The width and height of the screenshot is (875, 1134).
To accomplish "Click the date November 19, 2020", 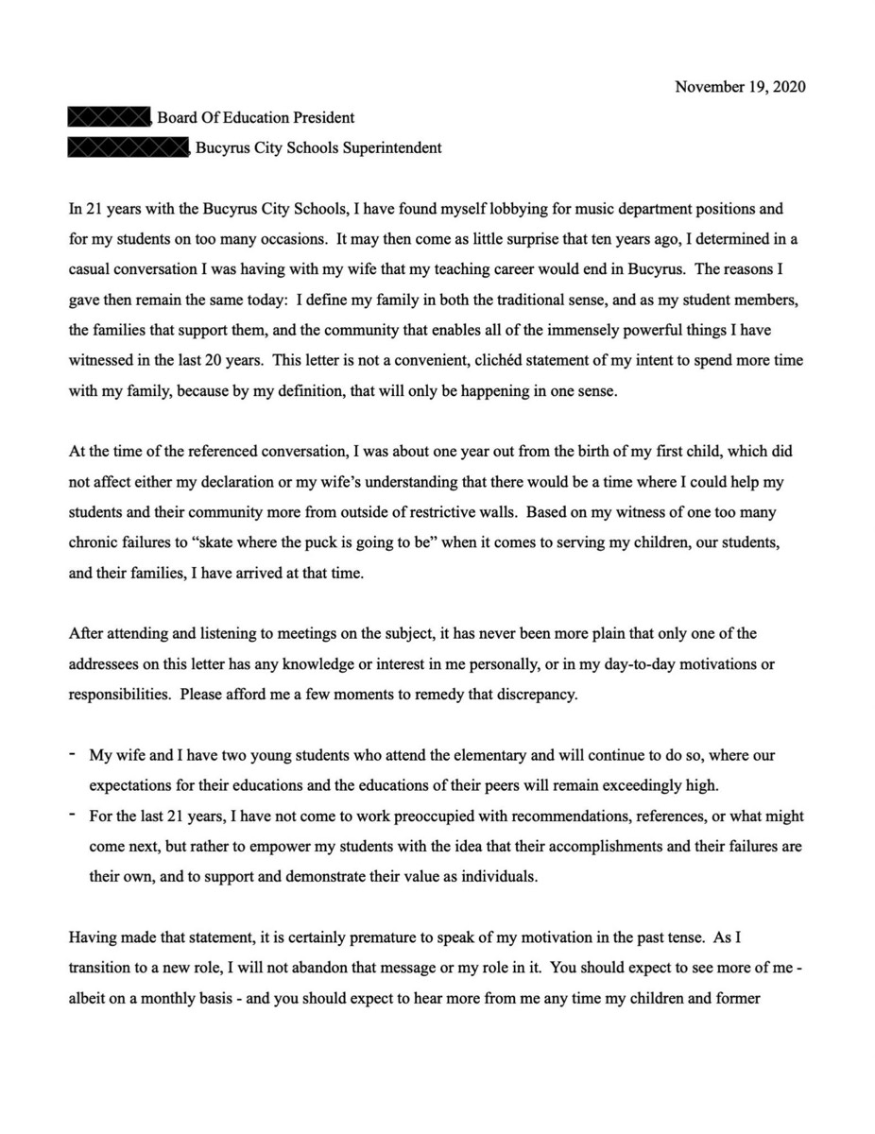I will pyautogui.click(x=740, y=87).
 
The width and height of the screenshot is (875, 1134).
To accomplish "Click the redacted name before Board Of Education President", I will pyautogui.click(x=110, y=118).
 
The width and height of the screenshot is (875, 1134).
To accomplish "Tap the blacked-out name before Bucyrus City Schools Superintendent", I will pyautogui.click(x=129, y=148).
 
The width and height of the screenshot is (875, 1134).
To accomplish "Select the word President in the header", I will pyautogui.click(x=325, y=118).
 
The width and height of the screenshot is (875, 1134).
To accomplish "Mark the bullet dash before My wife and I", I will pyautogui.click(x=73, y=754).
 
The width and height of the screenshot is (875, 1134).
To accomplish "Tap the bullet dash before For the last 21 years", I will pyautogui.click(x=73, y=815).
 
